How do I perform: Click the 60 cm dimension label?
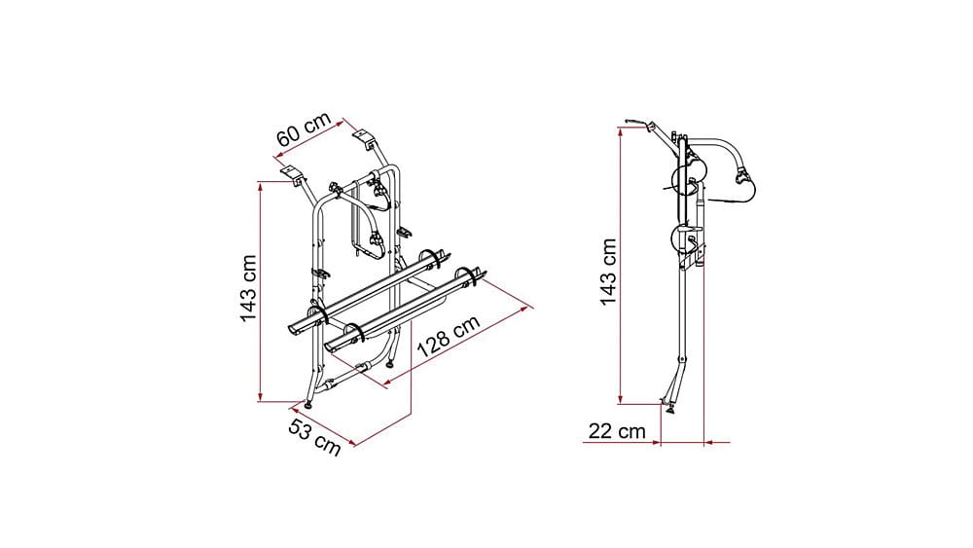pyautogui.click(x=304, y=129)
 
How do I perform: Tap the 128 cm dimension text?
pyautogui.click(x=448, y=337)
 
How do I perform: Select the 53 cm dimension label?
pyautogui.click(x=314, y=437)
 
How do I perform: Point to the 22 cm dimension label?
pyautogui.click(x=617, y=430)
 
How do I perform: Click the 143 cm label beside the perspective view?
pyautogui.click(x=248, y=288)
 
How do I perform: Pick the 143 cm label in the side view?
pyautogui.click(x=608, y=272)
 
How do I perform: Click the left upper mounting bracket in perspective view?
pyautogui.click(x=292, y=174)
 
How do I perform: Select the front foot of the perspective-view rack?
pyautogui.click(x=308, y=405)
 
